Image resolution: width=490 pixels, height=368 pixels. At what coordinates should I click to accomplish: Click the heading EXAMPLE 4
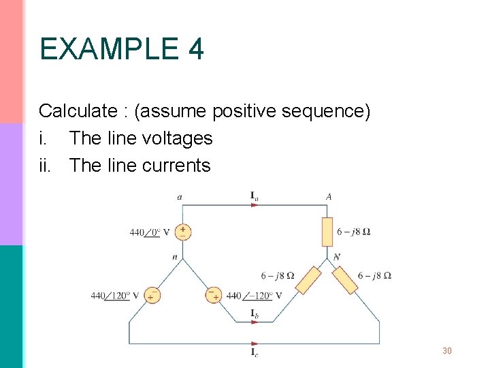pos(121,50)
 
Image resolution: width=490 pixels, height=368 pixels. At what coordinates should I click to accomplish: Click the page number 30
pos(447,351)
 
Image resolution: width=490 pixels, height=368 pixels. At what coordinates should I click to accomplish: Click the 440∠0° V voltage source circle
pos(182,232)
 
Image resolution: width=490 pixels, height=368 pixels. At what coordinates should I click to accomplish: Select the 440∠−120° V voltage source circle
pos(213,295)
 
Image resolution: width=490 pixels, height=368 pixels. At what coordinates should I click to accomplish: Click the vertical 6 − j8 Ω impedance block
pos(327,232)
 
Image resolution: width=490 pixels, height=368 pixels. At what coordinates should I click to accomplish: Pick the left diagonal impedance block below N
pos(308,279)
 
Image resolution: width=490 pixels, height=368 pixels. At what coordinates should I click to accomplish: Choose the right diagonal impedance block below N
pos(345,279)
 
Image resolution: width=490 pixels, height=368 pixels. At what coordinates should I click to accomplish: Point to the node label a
pos(180,198)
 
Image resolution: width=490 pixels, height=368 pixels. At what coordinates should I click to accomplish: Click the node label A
pos(329,197)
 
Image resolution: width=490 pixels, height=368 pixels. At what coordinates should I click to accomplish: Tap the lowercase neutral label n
pos(175,258)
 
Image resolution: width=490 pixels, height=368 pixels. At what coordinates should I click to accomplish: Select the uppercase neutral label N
pos(336,257)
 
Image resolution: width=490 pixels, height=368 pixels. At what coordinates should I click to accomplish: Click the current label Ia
pos(255,197)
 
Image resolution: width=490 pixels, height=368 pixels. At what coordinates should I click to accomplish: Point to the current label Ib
pos(255,313)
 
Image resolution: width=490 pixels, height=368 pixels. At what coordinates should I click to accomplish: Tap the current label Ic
pos(255,352)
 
